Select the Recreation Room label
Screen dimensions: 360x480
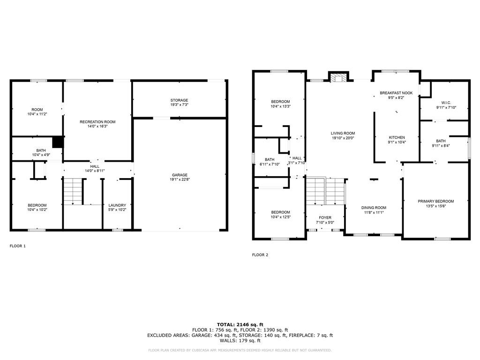(97, 122)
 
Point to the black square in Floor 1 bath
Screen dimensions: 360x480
(58, 142)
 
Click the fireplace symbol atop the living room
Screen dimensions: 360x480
(337, 77)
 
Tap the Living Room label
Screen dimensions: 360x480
(343, 133)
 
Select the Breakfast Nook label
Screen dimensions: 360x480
(396, 93)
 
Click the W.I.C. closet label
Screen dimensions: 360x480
(445, 103)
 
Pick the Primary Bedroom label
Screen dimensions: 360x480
(436, 201)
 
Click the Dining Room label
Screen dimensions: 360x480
(374, 208)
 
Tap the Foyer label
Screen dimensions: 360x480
(325, 218)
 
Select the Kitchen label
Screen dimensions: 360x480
(397, 137)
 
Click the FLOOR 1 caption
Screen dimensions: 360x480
(18, 246)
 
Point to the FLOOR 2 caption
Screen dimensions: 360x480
(260, 255)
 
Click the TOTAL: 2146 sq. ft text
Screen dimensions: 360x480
(240, 324)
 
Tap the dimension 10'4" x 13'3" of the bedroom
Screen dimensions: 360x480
(280, 106)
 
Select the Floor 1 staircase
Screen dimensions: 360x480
(73, 191)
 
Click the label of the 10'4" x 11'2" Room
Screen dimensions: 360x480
(37, 110)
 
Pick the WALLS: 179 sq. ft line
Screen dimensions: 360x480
(240, 341)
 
